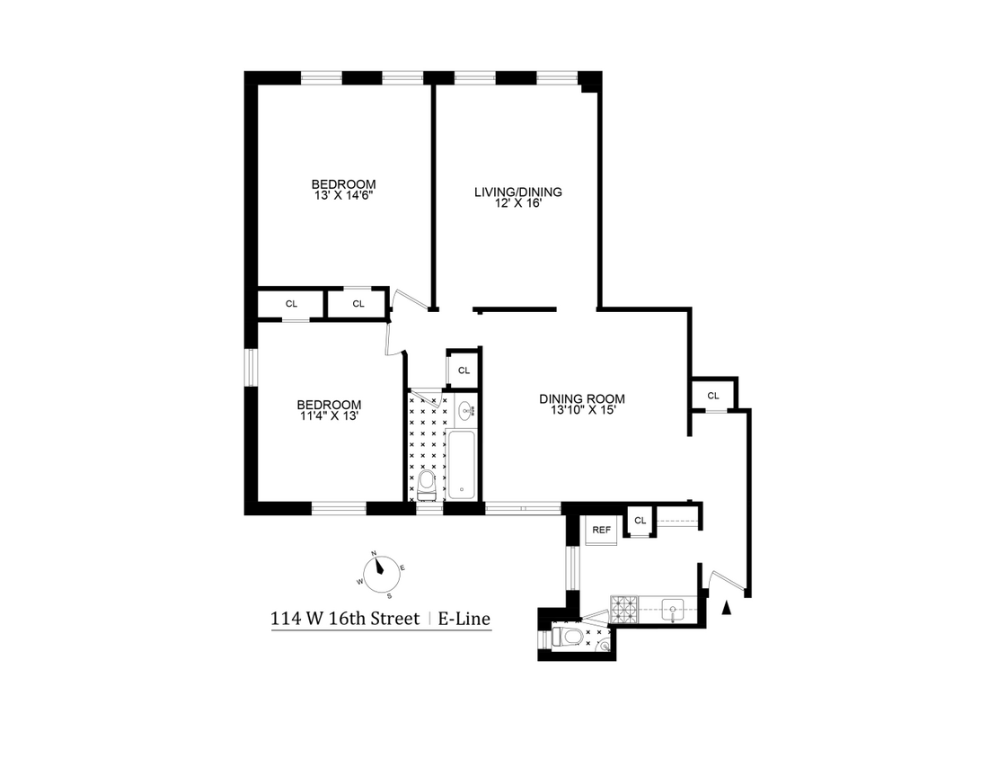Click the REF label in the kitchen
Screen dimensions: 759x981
click(x=601, y=530)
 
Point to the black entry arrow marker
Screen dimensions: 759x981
click(x=727, y=609)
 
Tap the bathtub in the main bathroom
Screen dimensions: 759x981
click(x=462, y=466)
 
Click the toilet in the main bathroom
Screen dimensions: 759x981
click(x=427, y=487)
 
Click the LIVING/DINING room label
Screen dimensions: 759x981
click(x=517, y=192)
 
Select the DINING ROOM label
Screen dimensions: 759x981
click(x=581, y=399)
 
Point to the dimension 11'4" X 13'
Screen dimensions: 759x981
click(x=330, y=415)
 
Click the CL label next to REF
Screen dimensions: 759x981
click(x=640, y=521)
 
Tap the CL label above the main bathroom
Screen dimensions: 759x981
click(x=464, y=370)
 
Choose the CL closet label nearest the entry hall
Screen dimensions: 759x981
click(x=712, y=396)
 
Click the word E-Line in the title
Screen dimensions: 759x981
click(x=464, y=619)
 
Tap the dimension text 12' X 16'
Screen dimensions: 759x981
click(x=517, y=203)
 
